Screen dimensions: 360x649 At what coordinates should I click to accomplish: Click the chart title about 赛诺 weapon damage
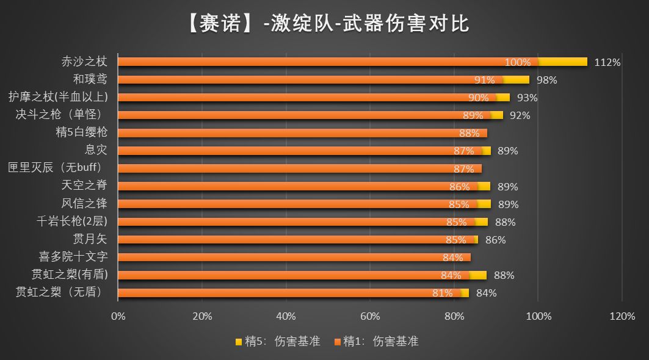tap(324, 24)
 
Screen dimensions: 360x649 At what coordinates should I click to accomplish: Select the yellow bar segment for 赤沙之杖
tap(563, 62)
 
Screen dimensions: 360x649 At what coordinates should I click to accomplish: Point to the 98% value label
tap(546, 80)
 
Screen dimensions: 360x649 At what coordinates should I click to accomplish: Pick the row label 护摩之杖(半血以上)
tap(58, 97)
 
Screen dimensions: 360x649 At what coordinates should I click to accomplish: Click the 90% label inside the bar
tap(478, 98)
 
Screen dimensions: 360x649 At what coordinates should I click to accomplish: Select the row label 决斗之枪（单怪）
tap(58, 115)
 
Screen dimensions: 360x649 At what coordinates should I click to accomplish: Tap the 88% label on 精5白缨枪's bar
tap(469, 133)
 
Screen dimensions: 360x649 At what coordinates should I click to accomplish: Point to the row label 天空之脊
tap(84, 185)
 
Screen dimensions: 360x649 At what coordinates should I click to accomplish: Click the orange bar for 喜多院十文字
tap(293, 257)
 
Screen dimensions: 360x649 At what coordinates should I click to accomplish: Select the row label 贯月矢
tap(90, 239)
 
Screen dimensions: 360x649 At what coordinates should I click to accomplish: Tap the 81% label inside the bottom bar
tap(442, 293)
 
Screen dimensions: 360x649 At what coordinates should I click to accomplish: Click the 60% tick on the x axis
tap(370, 316)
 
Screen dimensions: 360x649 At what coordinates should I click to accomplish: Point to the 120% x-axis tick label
tap(622, 316)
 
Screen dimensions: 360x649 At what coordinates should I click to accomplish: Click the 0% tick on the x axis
tap(118, 316)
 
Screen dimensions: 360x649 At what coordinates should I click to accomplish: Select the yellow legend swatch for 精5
tap(238, 342)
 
